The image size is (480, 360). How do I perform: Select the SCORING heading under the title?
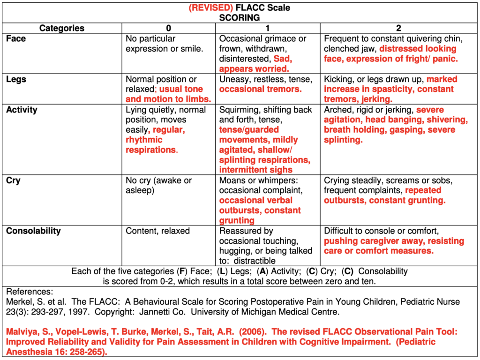point(239,18)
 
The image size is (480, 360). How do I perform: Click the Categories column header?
point(62,28)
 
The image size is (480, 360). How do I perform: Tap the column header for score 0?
point(168,28)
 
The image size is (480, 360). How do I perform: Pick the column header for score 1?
point(268,28)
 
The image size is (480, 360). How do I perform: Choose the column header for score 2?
point(398,28)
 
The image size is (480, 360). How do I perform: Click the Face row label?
point(16,39)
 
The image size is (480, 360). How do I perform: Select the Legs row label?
point(16,79)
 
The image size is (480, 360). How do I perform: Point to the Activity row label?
point(22,110)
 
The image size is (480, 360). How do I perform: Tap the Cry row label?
point(13,180)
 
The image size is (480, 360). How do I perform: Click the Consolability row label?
point(33,231)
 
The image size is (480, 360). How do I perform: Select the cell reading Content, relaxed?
point(157,231)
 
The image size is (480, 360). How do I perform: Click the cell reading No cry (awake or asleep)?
point(158,186)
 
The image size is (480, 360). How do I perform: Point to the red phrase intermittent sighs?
point(256,170)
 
